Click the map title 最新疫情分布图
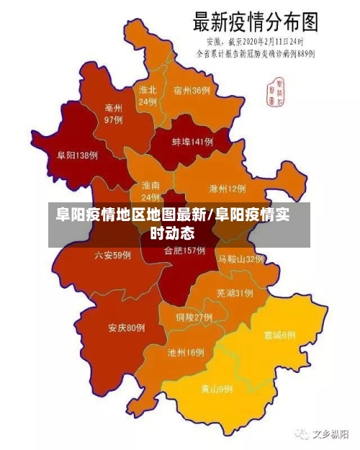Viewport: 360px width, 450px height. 255,21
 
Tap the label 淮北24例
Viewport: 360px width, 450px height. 148,96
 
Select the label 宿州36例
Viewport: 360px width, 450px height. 192,91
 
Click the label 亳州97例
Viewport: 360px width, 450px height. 113,114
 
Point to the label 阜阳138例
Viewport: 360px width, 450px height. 77,155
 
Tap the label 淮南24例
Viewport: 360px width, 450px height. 150,191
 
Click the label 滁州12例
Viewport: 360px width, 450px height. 227,189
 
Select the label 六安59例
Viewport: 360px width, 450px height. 112,255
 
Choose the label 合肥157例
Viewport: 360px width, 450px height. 184,251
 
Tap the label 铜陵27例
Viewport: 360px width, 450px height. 194,317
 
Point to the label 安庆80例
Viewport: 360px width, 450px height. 127,328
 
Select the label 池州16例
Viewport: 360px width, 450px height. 186,353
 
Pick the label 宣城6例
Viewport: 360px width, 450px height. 279,335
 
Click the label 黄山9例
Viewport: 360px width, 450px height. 216,389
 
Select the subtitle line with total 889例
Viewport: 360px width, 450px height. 256,53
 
